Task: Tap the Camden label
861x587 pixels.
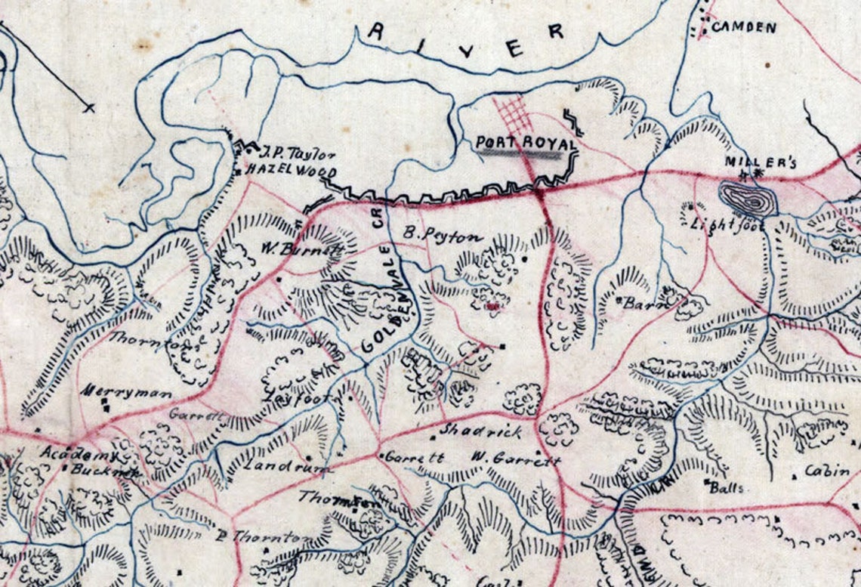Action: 744,28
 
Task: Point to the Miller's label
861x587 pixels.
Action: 750,162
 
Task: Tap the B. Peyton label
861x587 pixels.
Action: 442,236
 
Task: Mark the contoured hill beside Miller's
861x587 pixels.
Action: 747,199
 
